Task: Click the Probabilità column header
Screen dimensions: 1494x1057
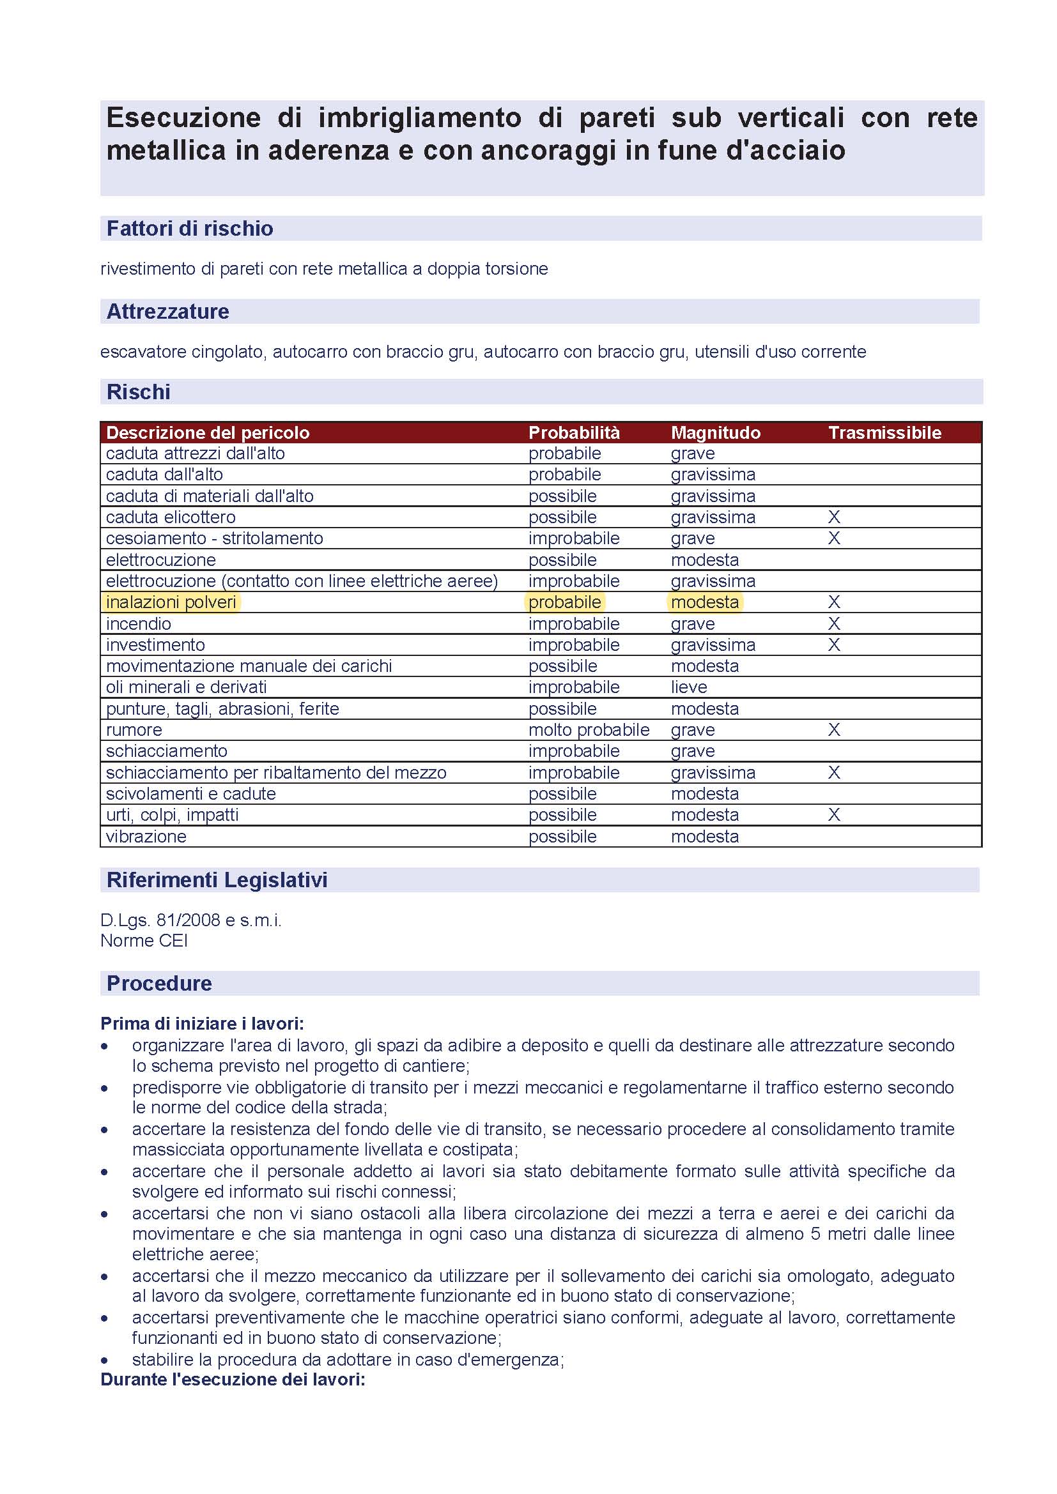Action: [x=573, y=432]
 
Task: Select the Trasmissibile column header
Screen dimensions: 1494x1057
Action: [x=884, y=432]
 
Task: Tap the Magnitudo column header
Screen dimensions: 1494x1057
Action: [x=715, y=432]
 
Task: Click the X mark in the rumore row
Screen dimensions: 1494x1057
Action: [x=834, y=730]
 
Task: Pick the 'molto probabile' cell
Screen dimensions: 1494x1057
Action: [x=589, y=730]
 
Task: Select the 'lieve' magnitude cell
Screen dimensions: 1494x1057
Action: [x=689, y=687]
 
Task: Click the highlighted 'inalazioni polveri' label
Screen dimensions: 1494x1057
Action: [x=171, y=602]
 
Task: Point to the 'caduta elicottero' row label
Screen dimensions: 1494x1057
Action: [x=171, y=517]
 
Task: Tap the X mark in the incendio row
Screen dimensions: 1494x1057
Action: [x=834, y=623]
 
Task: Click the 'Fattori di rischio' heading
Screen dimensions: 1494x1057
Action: [x=189, y=229]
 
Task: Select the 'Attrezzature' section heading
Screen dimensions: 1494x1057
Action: [x=167, y=312]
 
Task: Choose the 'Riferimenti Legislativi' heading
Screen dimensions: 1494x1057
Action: [x=217, y=880]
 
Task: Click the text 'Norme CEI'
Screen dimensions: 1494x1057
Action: [x=144, y=940]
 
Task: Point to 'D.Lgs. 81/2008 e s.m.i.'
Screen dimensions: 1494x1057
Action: [x=190, y=920]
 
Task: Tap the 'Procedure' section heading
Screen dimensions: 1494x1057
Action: [x=159, y=983]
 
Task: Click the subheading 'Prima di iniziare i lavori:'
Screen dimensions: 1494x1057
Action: [x=202, y=1023]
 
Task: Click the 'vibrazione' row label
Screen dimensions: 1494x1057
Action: [x=146, y=836]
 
